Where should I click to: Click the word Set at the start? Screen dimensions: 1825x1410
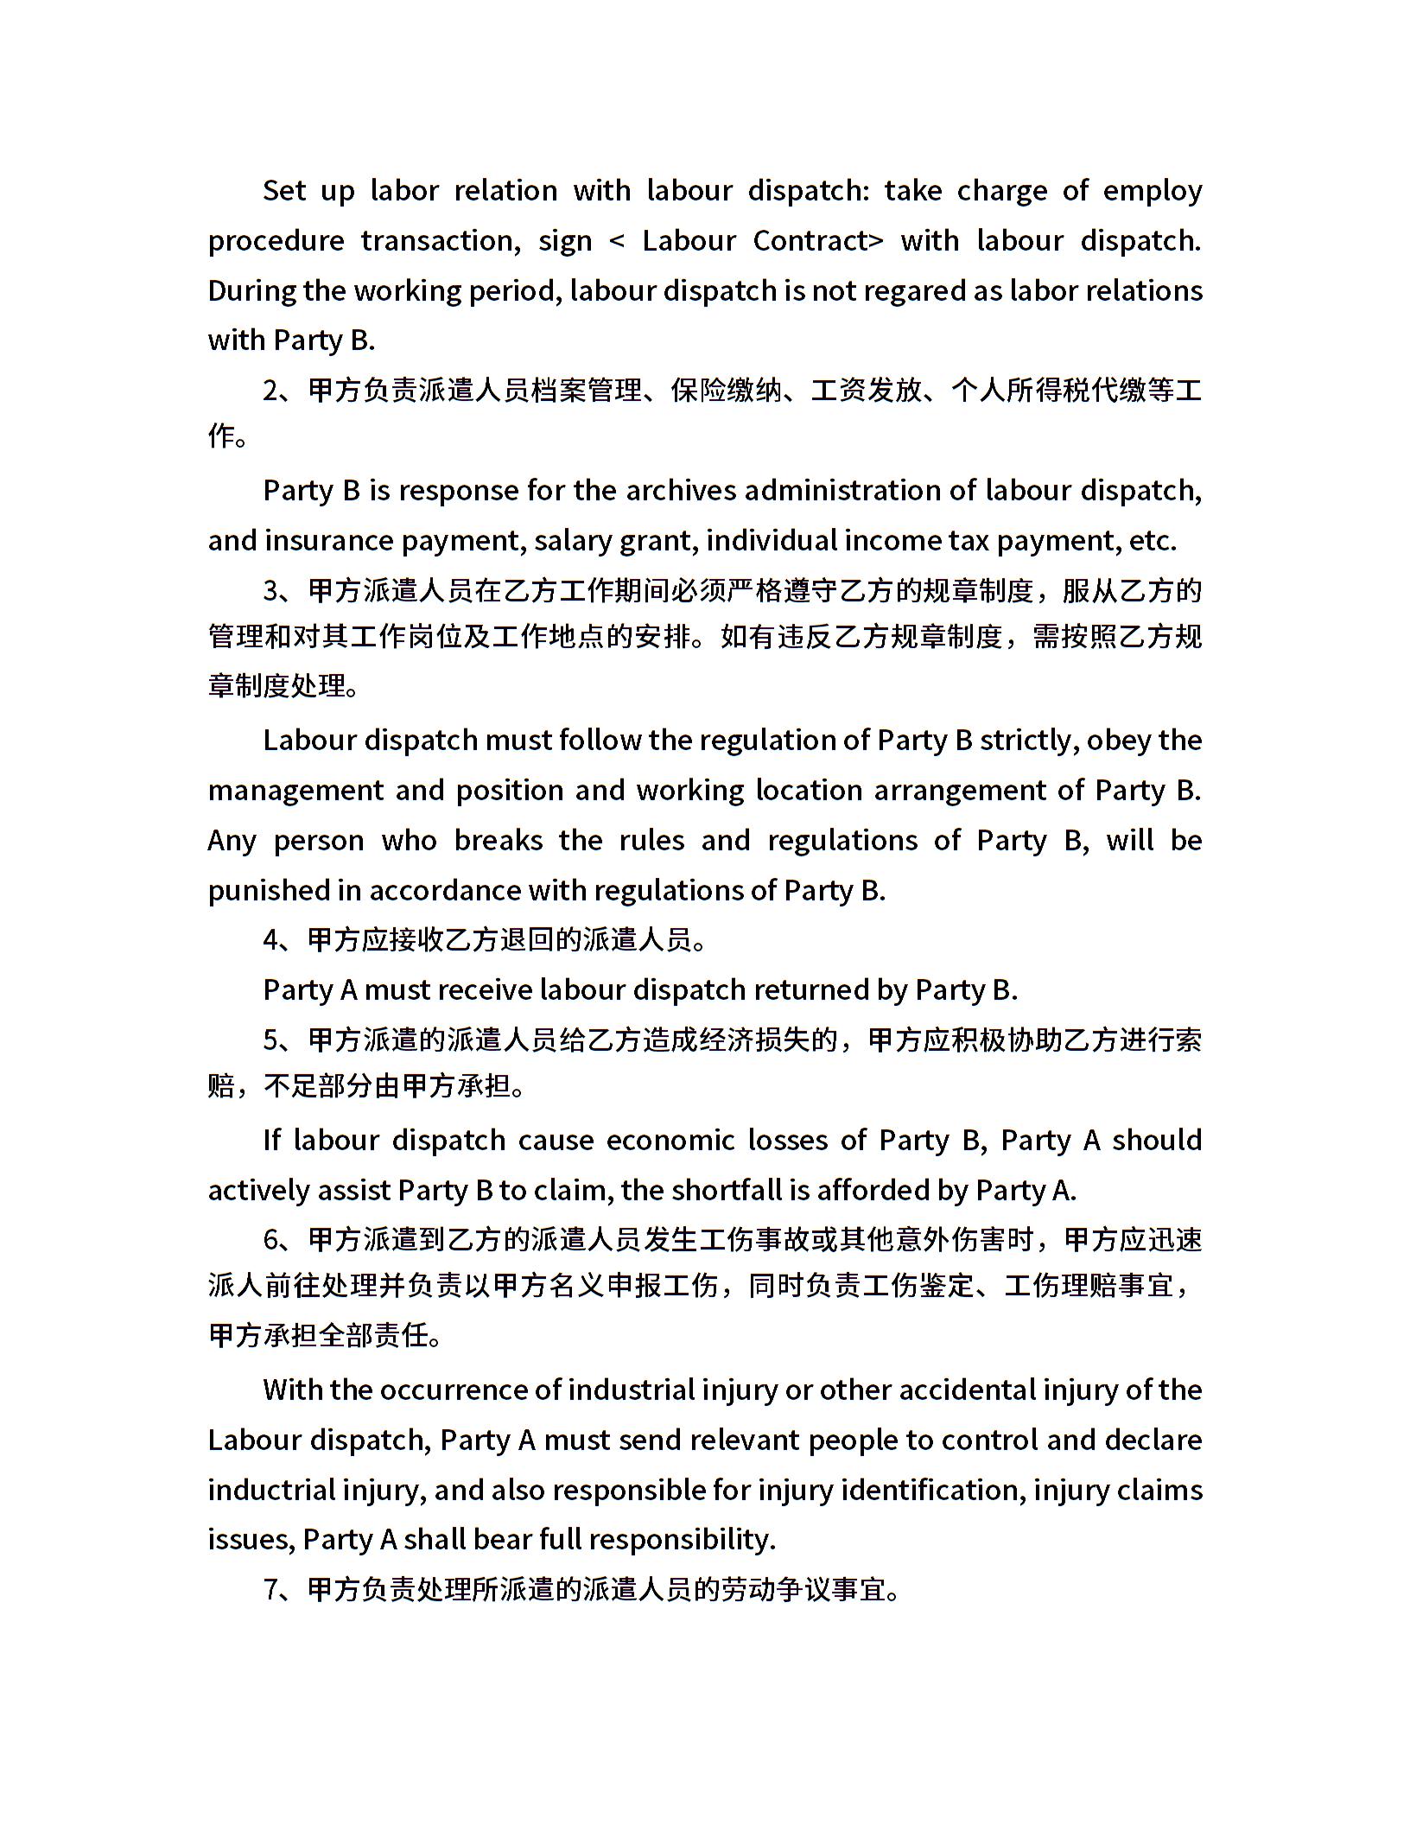[x=283, y=191]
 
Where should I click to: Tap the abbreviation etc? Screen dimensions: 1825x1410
[x=1153, y=541]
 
